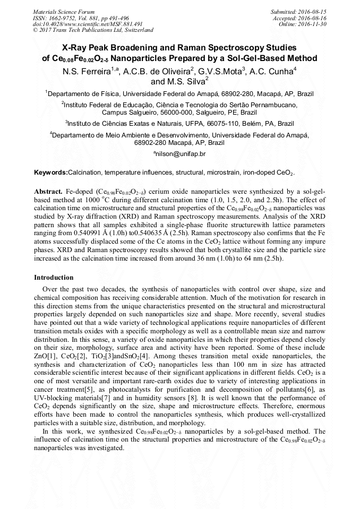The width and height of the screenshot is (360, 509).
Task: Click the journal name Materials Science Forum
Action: pos(64,11)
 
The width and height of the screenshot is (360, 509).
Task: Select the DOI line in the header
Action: pos(87,24)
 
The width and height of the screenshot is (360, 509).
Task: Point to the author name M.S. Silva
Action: pos(187,82)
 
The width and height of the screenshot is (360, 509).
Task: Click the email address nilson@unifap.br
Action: pos(180,154)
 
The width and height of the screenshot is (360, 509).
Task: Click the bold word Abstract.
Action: pos(48,191)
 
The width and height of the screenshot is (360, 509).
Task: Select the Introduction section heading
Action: pos(54,278)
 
